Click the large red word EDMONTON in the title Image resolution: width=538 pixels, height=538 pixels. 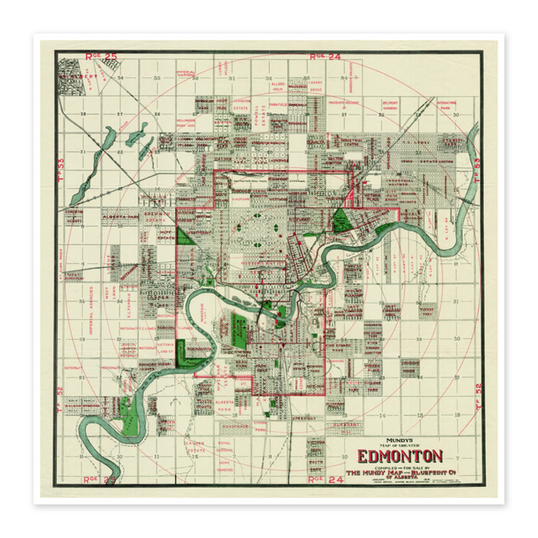click(x=400, y=456)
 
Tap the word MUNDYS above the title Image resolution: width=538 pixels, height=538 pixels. click(x=399, y=440)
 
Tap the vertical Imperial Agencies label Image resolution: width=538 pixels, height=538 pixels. click(x=91, y=311)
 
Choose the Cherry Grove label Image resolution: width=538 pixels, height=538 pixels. click(x=316, y=86)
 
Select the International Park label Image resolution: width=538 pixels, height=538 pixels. click(x=446, y=105)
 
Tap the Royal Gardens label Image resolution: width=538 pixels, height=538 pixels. click(x=225, y=447)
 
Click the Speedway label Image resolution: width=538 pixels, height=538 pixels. click(x=303, y=419)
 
